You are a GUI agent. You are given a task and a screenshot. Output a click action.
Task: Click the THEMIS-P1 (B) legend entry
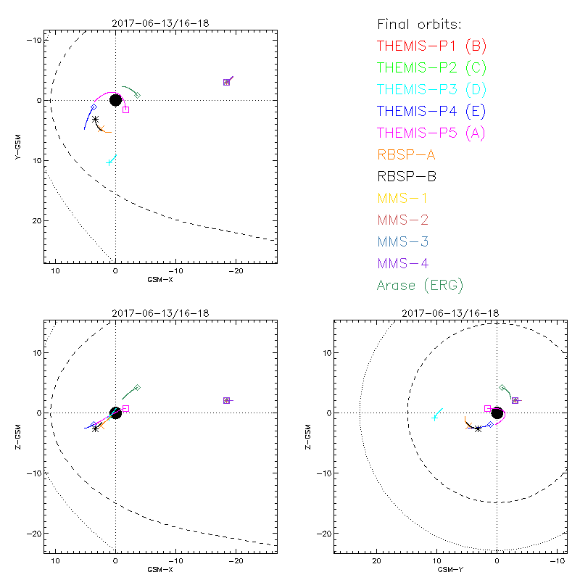coord(431,46)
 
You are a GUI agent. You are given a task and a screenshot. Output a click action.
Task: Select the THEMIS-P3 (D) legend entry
coord(431,90)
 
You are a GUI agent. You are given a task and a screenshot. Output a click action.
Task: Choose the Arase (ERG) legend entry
coord(420,285)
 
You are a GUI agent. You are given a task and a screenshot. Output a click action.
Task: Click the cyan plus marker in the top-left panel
coord(109,162)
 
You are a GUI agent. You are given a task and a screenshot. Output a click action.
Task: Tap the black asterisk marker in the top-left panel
coord(96,120)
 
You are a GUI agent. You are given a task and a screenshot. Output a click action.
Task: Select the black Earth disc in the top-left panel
coord(115,99)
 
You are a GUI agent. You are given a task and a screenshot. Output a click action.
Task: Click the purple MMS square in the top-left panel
coord(227,82)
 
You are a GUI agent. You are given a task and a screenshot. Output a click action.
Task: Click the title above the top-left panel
coord(160,23)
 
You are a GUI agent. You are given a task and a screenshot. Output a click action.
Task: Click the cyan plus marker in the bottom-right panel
coord(434,418)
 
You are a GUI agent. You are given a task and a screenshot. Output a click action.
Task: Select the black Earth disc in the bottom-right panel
coord(497,413)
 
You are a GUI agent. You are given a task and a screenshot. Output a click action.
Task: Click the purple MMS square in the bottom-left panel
coord(227,400)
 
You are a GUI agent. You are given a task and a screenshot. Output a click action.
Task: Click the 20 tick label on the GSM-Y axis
coord(376,561)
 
